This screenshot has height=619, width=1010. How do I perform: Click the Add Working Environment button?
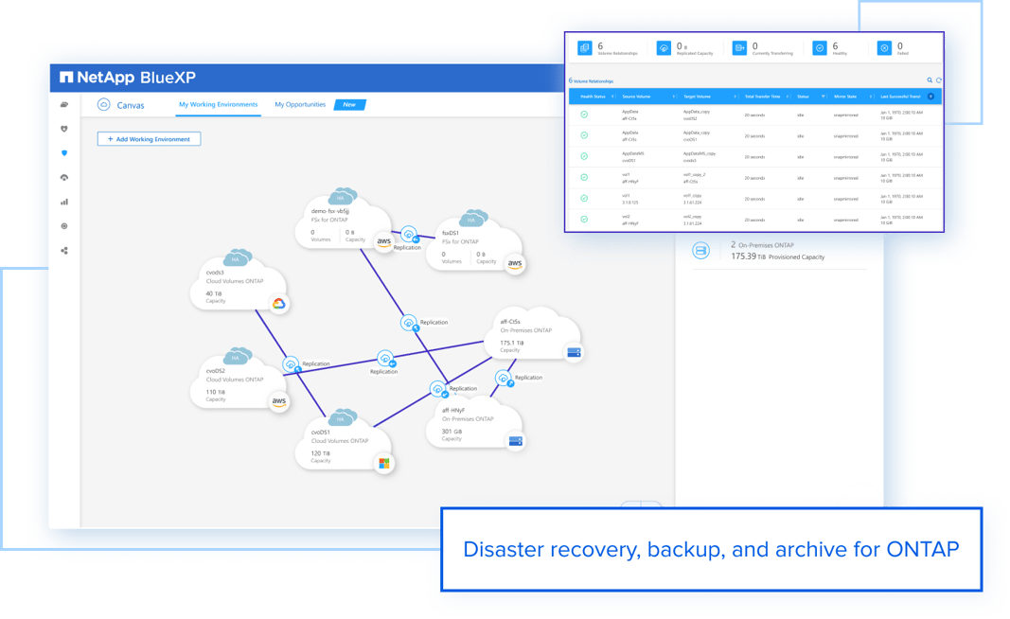149,139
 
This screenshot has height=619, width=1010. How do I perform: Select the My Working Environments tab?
218,105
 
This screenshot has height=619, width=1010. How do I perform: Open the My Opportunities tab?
300,105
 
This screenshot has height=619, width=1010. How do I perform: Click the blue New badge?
349,105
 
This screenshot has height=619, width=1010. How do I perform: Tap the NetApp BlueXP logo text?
128,78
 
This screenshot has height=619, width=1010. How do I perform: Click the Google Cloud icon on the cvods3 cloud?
278,304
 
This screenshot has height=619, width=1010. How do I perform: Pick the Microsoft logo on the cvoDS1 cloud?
383,463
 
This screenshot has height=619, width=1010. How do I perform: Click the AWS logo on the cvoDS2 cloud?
279,401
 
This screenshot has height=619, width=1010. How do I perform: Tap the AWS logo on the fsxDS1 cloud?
515,265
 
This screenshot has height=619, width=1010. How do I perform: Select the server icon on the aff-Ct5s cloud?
574,353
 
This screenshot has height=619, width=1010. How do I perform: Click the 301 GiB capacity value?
452,431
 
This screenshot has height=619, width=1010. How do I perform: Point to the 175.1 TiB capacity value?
511,343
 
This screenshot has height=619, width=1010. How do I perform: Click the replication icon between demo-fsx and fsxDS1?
408,234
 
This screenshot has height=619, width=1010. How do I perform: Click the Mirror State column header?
845,97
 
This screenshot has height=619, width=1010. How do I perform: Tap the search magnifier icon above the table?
930,80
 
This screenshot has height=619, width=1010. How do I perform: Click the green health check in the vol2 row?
584,220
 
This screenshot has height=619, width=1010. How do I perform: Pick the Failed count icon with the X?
884,47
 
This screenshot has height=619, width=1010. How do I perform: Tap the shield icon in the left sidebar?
64,153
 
